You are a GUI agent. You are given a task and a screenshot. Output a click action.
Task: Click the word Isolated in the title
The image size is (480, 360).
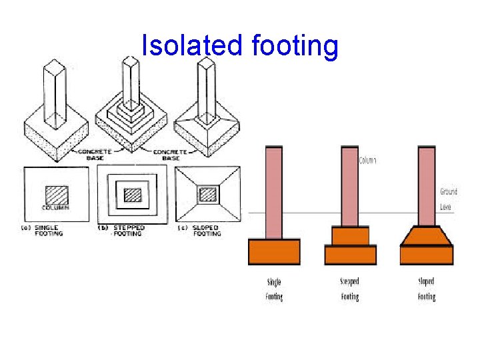click(x=193, y=46)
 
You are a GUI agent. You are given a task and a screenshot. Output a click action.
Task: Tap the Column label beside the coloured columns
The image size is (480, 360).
click(x=368, y=161)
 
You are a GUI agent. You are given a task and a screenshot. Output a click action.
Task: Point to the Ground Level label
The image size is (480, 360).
click(x=448, y=199)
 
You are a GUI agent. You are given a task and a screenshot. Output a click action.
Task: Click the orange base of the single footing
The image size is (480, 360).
click(x=274, y=252)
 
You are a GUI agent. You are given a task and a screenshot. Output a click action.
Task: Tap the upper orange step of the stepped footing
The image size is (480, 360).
click(x=350, y=235)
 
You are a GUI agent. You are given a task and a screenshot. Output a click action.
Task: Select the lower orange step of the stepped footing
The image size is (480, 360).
click(x=351, y=255)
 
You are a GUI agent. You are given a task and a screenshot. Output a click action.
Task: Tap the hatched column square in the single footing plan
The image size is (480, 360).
click(x=56, y=194)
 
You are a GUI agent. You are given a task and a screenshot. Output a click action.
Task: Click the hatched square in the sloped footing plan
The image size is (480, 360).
click(x=209, y=194)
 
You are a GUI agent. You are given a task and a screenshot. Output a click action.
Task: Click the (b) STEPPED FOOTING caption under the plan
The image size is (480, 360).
click(x=126, y=231)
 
